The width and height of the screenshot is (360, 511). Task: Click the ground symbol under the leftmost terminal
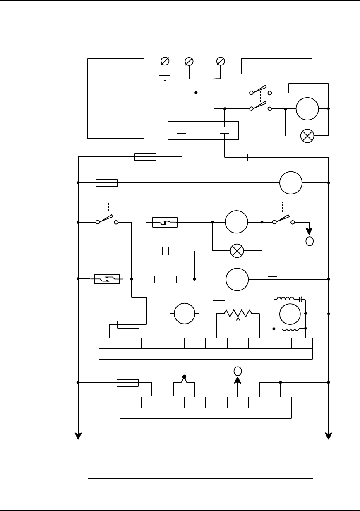(165, 77)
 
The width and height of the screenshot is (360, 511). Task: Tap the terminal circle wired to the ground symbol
(165, 61)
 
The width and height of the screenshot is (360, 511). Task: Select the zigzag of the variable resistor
(238, 313)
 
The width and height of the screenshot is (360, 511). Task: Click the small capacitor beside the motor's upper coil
(302, 298)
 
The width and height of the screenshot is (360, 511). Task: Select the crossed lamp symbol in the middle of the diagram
(237, 250)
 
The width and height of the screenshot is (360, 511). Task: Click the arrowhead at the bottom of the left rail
(78, 436)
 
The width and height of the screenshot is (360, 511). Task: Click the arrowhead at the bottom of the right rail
(329, 436)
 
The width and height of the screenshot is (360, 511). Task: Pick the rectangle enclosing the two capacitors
(203, 130)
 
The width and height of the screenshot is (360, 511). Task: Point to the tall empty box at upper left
(116, 98)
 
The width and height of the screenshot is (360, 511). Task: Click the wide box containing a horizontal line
(276, 66)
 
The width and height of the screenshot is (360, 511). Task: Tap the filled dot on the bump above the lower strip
(185, 377)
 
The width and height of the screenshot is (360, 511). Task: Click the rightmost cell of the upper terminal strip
(302, 343)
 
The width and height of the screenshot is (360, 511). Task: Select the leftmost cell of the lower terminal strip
(131, 402)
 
